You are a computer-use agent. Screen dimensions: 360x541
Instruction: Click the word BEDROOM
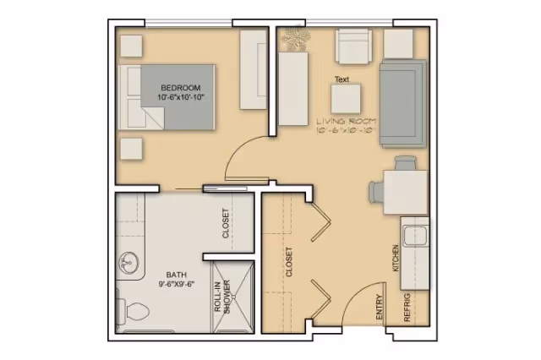click(180, 88)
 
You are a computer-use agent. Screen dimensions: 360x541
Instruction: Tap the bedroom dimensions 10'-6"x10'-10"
click(180, 98)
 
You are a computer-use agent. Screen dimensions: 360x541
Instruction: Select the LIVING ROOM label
click(347, 122)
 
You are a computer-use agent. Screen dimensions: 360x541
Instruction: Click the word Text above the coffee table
click(342, 79)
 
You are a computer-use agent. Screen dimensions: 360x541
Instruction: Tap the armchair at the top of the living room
click(353, 46)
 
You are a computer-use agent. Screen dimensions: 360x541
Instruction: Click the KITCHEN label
click(395, 257)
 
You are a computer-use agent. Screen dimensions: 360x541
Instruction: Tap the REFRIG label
click(407, 309)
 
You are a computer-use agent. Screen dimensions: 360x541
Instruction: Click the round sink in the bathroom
click(128, 263)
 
